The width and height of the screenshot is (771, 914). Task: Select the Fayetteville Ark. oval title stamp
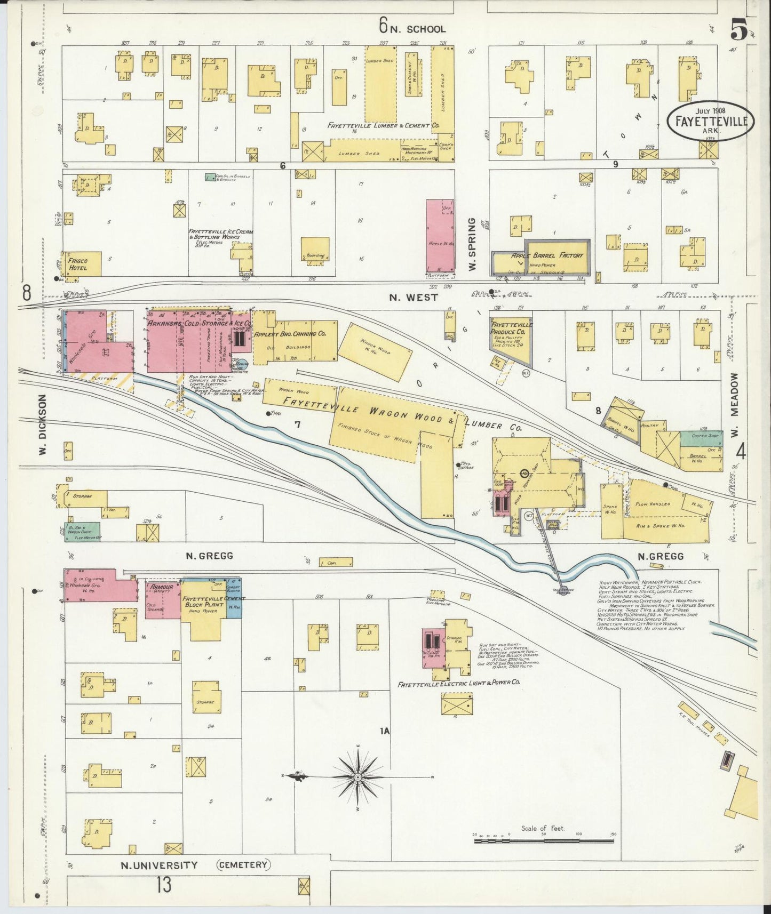pyautogui.click(x=711, y=121)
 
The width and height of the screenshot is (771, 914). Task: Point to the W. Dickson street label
pyautogui.click(x=43, y=424)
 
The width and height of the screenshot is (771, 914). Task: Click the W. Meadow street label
pyautogui.click(x=735, y=405)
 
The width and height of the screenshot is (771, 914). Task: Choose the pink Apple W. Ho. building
pyautogui.click(x=440, y=236)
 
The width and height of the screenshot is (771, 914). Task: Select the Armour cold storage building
pyautogui.click(x=163, y=599)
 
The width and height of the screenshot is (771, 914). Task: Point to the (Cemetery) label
pyautogui.click(x=243, y=864)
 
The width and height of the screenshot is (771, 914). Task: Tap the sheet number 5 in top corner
pyautogui.click(x=738, y=30)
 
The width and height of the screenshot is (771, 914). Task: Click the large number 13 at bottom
pyautogui.click(x=164, y=886)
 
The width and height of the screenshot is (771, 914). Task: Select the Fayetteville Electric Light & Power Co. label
pyautogui.click(x=459, y=683)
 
